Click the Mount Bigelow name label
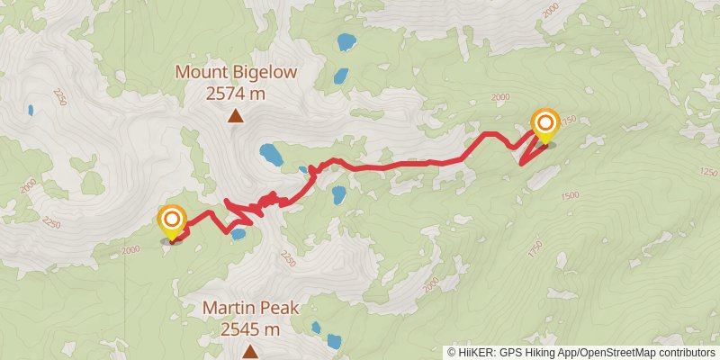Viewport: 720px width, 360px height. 236,71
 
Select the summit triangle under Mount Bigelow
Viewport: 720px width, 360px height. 236,115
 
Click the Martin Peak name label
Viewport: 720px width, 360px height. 249,308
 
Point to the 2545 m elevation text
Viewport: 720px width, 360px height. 249,328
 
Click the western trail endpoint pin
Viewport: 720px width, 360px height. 171,222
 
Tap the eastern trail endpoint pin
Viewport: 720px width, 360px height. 544,124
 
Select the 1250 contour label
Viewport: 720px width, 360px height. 707,171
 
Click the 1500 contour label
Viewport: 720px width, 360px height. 569,195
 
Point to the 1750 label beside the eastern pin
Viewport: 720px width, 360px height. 567,121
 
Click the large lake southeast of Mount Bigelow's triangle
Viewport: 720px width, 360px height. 269,155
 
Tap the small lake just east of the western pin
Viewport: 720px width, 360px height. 238,234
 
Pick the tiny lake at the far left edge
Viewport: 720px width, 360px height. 30,110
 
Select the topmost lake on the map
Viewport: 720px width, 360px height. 345,41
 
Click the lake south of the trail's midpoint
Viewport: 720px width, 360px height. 339,194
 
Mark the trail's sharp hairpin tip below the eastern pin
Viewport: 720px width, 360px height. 523,163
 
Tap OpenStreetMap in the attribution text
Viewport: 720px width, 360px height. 617,352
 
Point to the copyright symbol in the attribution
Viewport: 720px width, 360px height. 452,352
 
